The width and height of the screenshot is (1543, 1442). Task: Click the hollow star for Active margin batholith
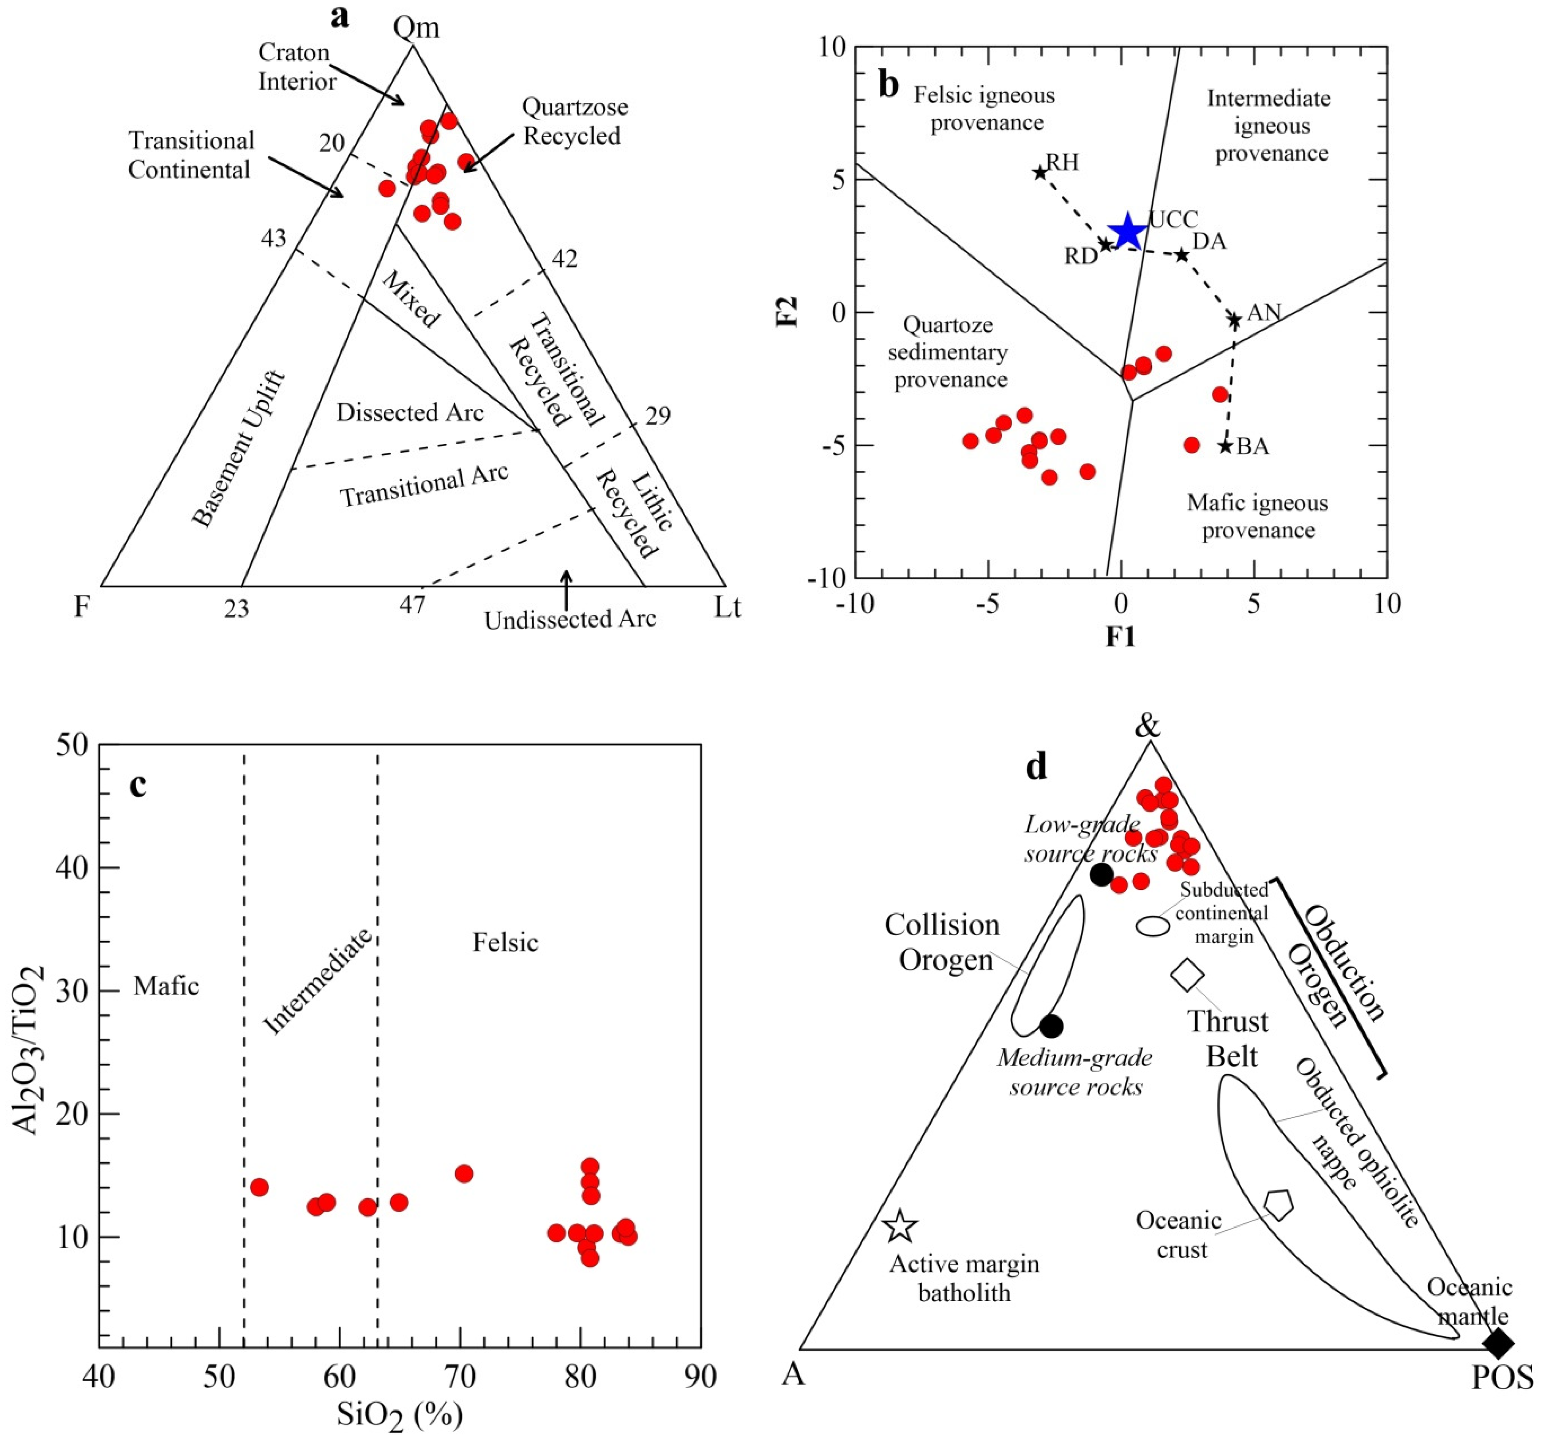900,1226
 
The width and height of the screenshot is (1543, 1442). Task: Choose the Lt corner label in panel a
727,608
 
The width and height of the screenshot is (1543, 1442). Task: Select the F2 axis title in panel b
788,312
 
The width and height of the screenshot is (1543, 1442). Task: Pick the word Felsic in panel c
505,943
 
